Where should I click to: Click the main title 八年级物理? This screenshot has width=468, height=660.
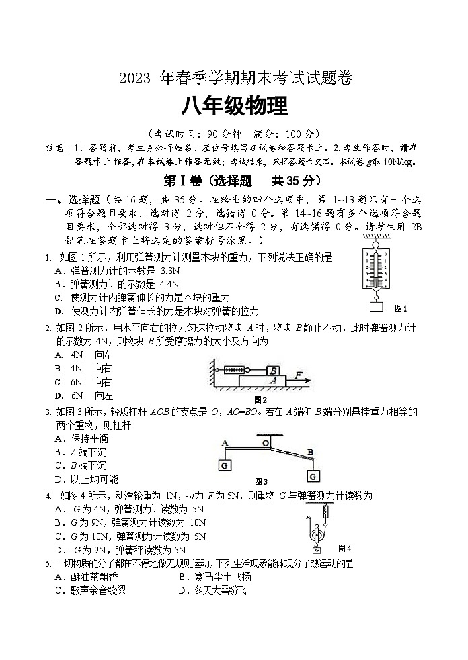click(x=233, y=106)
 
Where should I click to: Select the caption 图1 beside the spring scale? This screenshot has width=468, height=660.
click(x=401, y=308)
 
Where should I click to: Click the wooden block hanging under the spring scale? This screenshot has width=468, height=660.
click(x=376, y=308)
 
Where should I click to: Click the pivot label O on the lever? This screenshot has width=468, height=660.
click(x=266, y=442)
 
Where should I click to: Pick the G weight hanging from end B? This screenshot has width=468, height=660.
click(x=312, y=475)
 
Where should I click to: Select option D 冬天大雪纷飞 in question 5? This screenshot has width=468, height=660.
click(x=212, y=590)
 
